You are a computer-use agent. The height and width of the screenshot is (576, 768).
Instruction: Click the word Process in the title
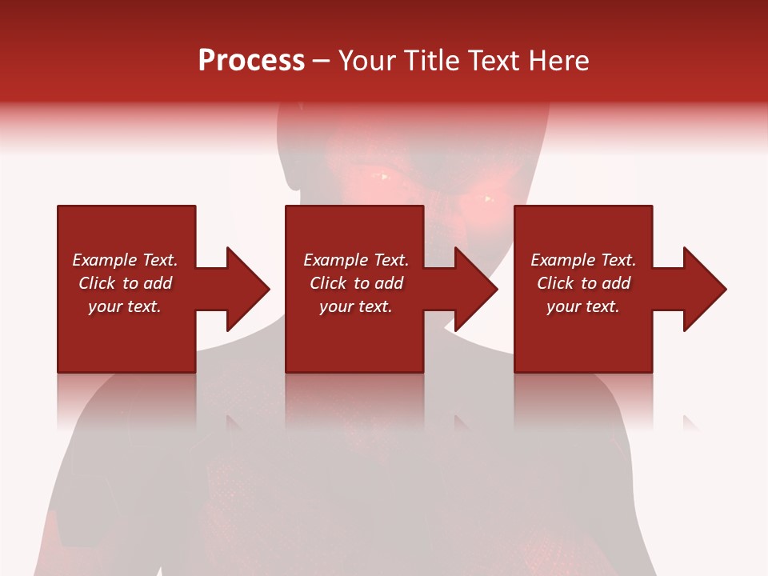(251, 61)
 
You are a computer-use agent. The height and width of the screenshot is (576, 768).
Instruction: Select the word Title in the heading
(430, 61)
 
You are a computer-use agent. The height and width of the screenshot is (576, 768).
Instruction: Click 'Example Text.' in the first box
(125, 260)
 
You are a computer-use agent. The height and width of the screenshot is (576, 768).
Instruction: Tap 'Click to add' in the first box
(125, 283)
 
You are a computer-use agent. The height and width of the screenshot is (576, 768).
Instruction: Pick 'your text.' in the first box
(125, 306)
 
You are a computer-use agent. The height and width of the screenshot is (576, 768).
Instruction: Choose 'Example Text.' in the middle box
(356, 260)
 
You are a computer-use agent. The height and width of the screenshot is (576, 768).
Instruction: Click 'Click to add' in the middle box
(356, 283)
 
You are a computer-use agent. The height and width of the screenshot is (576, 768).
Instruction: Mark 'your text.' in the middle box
(356, 306)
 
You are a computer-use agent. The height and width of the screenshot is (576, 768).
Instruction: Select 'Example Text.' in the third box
(583, 260)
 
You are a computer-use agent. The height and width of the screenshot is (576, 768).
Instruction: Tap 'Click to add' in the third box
(583, 283)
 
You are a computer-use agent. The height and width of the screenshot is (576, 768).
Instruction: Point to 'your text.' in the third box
(583, 306)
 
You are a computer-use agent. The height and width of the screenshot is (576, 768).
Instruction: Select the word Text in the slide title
(494, 61)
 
